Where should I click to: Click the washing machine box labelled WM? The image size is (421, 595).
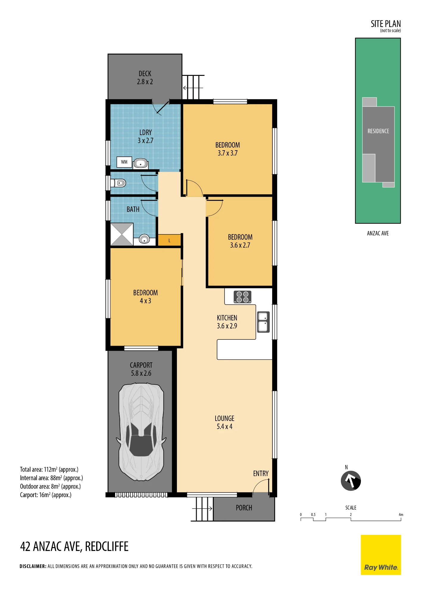click(x=124, y=162)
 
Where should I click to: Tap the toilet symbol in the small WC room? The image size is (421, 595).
click(x=118, y=183)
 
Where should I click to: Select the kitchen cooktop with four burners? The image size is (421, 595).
click(x=242, y=297)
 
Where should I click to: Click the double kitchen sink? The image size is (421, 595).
click(x=263, y=322)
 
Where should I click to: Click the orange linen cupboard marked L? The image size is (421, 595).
click(x=169, y=240)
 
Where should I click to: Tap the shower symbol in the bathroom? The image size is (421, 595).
click(x=122, y=234)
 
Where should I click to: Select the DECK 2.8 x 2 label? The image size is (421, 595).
click(x=145, y=78)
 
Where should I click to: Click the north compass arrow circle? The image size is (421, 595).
click(x=351, y=480)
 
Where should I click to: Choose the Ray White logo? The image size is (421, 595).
click(x=381, y=555)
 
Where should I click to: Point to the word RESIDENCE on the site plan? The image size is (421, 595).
click(x=378, y=131)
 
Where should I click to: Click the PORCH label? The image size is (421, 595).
click(x=244, y=508)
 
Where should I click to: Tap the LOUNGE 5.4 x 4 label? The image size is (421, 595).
click(x=224, y=422)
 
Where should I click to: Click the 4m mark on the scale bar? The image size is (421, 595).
click(x=401, y=515)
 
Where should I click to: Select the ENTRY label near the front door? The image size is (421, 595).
click(x=261, y=474)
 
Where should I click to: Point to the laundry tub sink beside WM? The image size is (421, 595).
click(x=141, y=163)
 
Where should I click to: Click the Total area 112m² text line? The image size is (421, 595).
click(x=49, y=469)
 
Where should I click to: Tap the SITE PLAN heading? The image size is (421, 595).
click(x=386, y=24)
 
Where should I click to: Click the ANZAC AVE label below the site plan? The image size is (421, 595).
click(x=378, y=233)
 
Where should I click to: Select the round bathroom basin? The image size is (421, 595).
click(x=144, y=239)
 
